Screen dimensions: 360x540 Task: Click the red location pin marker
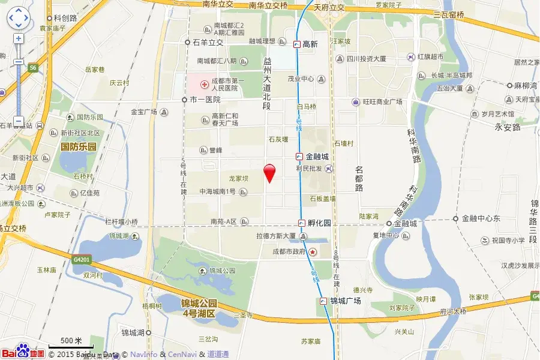[270, 173]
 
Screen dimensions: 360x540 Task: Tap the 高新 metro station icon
[297, 44]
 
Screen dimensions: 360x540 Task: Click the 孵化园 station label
[319, 223]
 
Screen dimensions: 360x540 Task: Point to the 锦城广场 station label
[346, 301]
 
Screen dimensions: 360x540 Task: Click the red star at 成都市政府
[313, 252]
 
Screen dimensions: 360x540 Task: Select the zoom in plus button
[19, 38]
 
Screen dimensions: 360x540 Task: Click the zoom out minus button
[19, 122]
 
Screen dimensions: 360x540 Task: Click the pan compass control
[19, 18]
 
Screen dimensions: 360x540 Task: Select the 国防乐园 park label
[79, 146]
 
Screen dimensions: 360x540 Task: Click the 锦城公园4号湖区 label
[199, 307]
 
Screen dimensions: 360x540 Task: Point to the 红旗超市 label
[430, 57]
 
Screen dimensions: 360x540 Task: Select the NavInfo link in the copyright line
[144, 355]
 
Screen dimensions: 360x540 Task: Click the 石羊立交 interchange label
[208, 43]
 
